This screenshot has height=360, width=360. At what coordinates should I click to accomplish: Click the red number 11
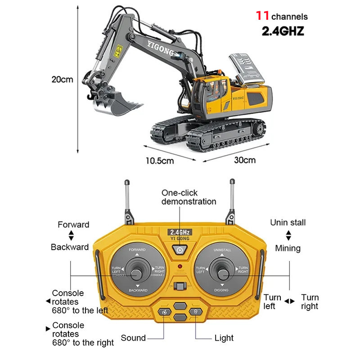(262, 16)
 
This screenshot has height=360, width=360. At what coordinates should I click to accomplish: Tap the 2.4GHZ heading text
(283, 31)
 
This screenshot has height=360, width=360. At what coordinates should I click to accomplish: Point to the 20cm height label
(62, 80)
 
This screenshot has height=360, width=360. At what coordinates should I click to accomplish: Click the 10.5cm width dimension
(159, 160)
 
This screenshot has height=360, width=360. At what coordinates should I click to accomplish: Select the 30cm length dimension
(245, 160)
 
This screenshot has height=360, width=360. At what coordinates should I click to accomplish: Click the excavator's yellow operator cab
(211, 90)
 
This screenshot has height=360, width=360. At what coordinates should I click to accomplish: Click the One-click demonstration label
(189, 197)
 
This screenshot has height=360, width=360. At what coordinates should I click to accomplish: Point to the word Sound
(133, 337)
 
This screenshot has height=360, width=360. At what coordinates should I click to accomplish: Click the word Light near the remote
(224, 337)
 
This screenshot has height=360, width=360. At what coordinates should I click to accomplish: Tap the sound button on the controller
(165, 312)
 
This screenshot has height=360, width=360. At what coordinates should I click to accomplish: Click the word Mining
(288, 248)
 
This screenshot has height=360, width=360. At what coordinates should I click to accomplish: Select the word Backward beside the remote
(70, 247)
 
